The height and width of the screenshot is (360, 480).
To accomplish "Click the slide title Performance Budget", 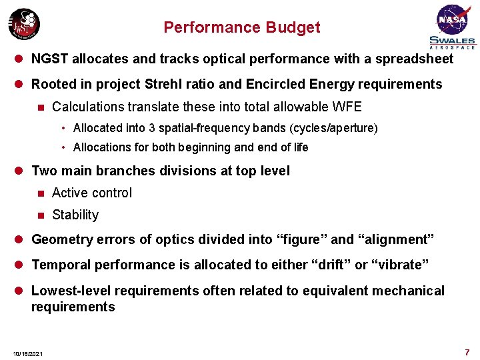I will tap(241, 27).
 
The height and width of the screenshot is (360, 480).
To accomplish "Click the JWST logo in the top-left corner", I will tap(24, 25).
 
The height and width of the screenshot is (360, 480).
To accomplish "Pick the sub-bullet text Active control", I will tap(92, 193).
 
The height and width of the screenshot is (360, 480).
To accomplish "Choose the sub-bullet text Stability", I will tap(75, 215).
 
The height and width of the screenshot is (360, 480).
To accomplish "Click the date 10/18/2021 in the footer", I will tap(27, 353).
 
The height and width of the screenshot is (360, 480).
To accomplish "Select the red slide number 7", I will tap(467, 351).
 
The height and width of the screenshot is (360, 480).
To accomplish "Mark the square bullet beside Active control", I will tap(40, 193).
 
